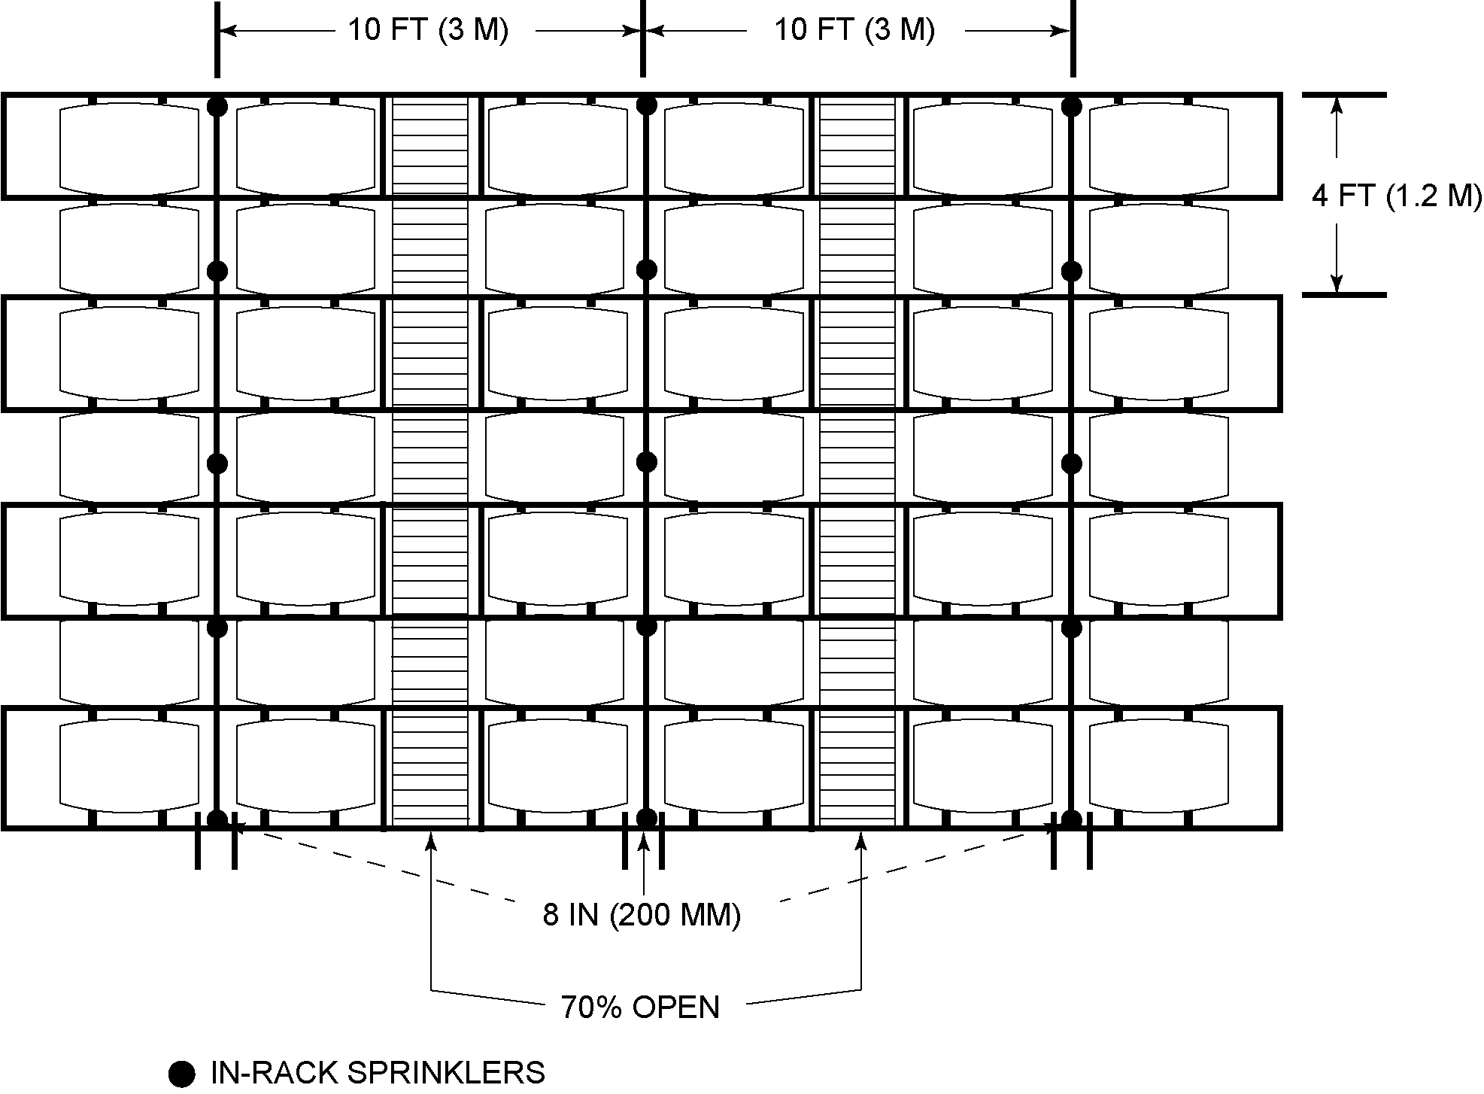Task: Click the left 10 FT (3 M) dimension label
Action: tap(428, 30)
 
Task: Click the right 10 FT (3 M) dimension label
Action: tap(855, 30)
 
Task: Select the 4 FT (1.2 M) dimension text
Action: tap(1397, 196)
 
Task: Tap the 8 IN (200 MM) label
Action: tap(642, 915)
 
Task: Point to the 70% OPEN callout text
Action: tap(640, 1007)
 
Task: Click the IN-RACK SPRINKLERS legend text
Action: tap(378, 1072)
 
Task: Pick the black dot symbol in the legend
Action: tap(181, 1073)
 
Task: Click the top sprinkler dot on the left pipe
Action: tap(217, 106)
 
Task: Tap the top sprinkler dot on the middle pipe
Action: tap(646, 105)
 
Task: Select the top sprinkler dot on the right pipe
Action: tap(1072, 106)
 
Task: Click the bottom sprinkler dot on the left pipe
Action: tap(217, 819)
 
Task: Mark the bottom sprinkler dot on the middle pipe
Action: tap(646, 818)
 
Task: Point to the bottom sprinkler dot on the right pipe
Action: tap(1072, 819)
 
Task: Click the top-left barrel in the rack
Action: tap(129, 147)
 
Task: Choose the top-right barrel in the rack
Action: tap(1159, 147)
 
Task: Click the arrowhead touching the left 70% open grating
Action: tap(431, 839)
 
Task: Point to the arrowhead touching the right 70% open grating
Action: tap(861, 839)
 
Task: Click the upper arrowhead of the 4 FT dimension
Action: tap(1337, 105)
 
